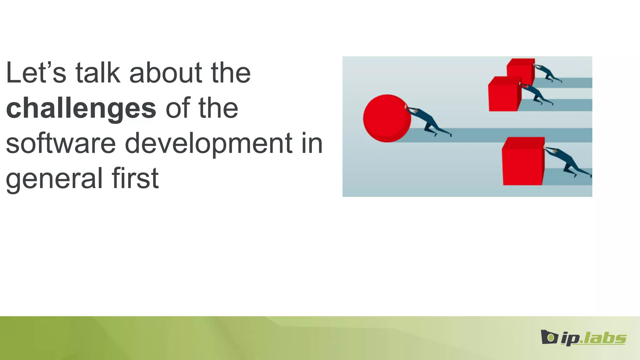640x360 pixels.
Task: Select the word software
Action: coord(61,143)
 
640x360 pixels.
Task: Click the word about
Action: coord(165,73)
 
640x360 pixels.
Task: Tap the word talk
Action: coord(98,73)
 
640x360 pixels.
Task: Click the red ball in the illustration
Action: coord(386,118)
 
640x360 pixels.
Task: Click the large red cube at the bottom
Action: coord(523,162)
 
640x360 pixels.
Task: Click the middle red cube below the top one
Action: coord(503,95)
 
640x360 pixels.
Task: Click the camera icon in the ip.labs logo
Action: coord(549,337)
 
